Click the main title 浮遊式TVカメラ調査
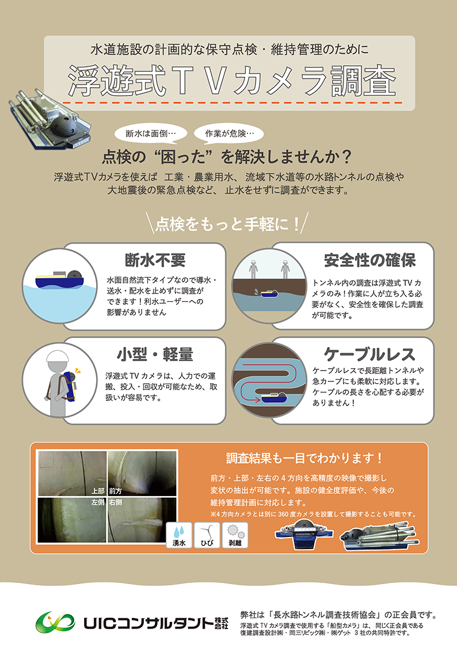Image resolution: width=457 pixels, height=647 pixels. pyautogui.click(x=232, y=81)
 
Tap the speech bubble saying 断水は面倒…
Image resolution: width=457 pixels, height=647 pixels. pyautogui.click(x=151, y=134)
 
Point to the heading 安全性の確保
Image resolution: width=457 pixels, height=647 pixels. pyautogui.click(x=370, y=260)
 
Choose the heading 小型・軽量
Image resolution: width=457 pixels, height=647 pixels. pyautogui.click(x=155, y=354)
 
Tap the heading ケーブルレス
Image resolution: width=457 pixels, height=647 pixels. pyautogui.click(x=370, y=354)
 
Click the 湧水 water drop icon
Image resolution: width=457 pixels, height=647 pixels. pyautogui.click(x=179, y=535)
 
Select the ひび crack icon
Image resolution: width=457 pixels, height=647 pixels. pyautogui.click(x=207, y=535)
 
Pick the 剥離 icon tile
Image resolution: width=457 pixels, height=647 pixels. pyautogui.click(x=235, y=535)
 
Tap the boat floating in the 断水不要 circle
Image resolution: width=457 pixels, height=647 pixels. pyautogui.click(x=60, y=279)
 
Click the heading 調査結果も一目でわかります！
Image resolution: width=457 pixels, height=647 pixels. pyautogui.click(x=304, y=458)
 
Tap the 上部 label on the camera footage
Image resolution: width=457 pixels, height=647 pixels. pyautogui.click(x=98, y=491)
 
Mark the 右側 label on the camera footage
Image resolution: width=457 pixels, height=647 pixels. pyautogui.click(x=115, y=502)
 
